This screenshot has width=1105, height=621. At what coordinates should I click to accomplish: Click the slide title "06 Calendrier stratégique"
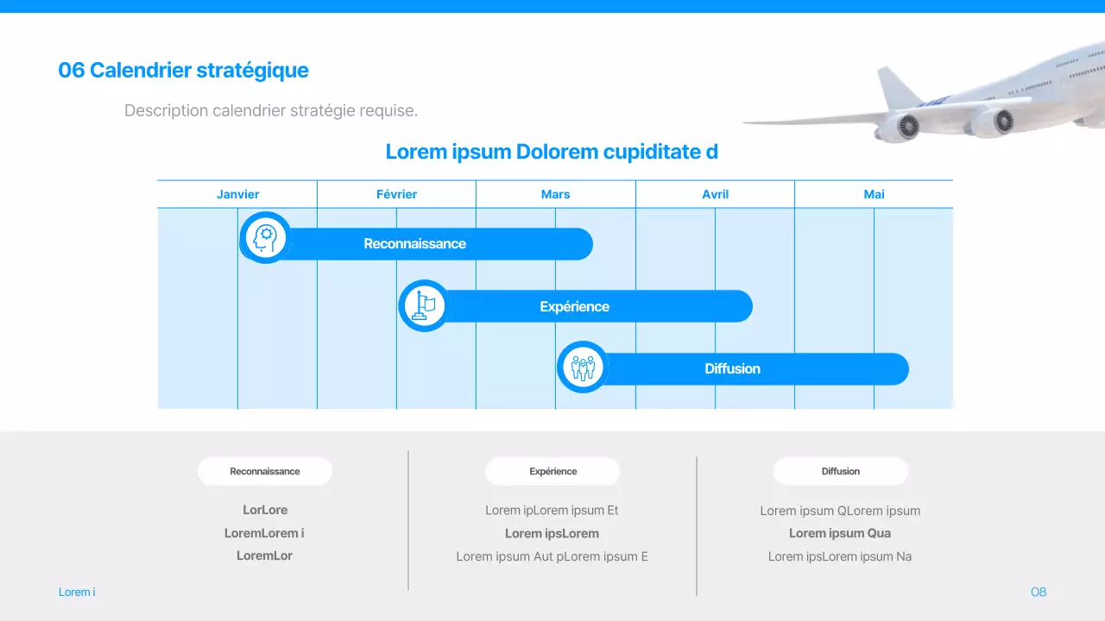tap(183, 70)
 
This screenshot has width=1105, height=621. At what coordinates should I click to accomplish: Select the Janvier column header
tap(237, 194)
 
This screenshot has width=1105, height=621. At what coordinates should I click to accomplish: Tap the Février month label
tap(396, 194)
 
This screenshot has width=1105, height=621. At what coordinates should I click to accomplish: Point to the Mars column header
tap(555, 194)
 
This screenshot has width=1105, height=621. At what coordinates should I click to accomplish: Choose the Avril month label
tap(715, 194)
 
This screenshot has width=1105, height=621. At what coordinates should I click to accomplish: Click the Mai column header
tap(874, 194)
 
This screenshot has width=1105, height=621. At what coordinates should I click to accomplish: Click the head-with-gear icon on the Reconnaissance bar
tap(265, 237)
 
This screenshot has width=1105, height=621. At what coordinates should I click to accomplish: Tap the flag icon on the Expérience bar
tap(424, 305)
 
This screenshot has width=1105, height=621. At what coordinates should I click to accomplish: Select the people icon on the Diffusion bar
tap(583, 367)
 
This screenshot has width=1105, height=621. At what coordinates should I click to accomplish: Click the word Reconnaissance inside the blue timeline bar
tap(414, 244)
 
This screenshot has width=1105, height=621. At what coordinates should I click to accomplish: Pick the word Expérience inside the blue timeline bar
tap(574, 306)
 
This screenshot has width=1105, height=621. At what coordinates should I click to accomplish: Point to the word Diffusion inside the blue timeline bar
tap(732, 368)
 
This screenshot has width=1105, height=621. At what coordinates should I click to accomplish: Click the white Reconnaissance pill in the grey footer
tap(265, 471)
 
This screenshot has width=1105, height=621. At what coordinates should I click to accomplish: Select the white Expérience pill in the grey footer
tap(552, 471)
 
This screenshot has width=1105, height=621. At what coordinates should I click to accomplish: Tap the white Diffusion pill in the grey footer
tap(840, 471)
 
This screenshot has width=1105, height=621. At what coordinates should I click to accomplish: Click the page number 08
tap(1039, 592)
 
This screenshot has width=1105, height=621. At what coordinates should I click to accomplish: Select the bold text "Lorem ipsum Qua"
tap(840, 533)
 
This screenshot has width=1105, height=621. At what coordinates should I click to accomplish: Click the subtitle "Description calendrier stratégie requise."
tap(271, 110)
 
